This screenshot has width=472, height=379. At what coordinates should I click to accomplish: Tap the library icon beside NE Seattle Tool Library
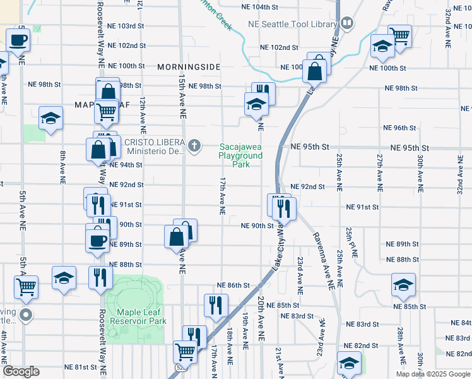(346, 24)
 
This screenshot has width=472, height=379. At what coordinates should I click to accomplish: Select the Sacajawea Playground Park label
(240, 155)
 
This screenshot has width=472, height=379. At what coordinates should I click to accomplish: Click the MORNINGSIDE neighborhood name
(188, 66)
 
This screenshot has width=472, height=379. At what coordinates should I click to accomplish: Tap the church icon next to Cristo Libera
(195, 147)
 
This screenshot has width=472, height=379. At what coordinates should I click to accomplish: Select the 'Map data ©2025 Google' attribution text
(432, 374)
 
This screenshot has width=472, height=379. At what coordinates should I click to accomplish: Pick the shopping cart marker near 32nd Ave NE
(399, 35)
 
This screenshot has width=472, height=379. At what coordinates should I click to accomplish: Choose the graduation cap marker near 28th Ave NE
(403, 286)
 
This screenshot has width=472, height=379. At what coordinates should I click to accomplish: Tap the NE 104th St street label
(260, 7)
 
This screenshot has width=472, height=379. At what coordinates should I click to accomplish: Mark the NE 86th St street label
(233, 286)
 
